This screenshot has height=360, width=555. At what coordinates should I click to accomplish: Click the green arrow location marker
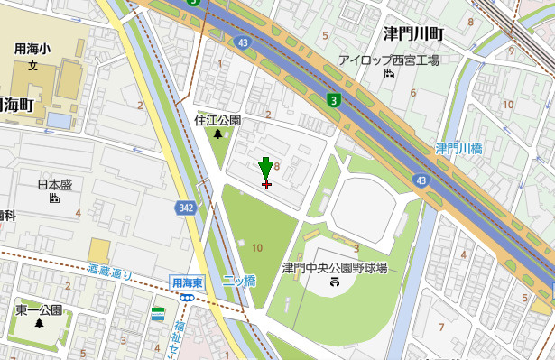click(265, 169)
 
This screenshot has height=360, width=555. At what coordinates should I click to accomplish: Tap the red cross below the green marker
click(265, 184)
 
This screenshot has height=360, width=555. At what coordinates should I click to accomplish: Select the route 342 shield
click(186, 208)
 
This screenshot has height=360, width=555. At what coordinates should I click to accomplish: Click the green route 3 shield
click(334, 100)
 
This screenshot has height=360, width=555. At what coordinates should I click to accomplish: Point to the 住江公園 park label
click(218, 120)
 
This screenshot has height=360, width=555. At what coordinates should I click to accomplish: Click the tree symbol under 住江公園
click(218, 134)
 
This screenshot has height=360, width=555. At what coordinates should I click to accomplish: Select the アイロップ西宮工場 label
click(388, 60)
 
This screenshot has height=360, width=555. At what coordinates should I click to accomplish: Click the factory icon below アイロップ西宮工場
click(389, 74)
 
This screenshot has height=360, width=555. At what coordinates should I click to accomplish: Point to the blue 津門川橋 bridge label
click(460, 148)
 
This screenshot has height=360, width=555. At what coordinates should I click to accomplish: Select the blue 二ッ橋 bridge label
click(239, 281)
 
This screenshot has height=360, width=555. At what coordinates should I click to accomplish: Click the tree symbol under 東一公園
click(38, 324)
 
